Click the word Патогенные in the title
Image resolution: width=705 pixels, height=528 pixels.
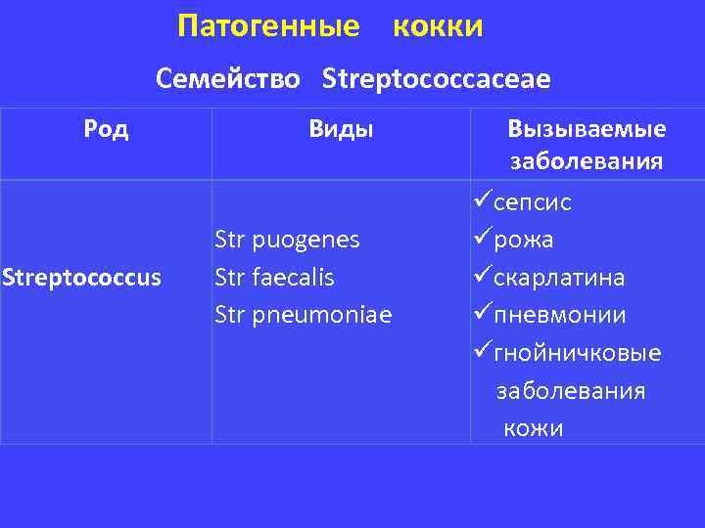268,26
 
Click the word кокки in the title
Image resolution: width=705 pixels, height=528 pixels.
437,26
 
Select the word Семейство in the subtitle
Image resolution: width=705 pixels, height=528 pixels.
228,78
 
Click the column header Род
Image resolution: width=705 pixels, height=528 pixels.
106,129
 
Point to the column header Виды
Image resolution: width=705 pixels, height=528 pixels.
341,129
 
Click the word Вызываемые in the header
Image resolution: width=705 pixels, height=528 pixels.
587,129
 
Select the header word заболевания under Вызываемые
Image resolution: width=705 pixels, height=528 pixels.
587,160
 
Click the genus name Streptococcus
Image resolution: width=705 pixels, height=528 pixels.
81,279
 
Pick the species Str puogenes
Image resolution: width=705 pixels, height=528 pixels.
287,240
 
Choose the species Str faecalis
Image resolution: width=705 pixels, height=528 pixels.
274,278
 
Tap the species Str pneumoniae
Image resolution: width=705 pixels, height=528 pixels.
303,315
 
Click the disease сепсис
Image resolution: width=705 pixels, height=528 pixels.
533,202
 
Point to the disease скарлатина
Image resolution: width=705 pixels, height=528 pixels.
559,278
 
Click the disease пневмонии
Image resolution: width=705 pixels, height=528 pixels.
559,315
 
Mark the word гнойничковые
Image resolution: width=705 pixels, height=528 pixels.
578,353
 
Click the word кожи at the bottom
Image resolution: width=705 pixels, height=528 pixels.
534,427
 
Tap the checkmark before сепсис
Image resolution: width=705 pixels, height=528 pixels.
481,202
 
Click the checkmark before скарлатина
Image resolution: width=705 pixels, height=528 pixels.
481,278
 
